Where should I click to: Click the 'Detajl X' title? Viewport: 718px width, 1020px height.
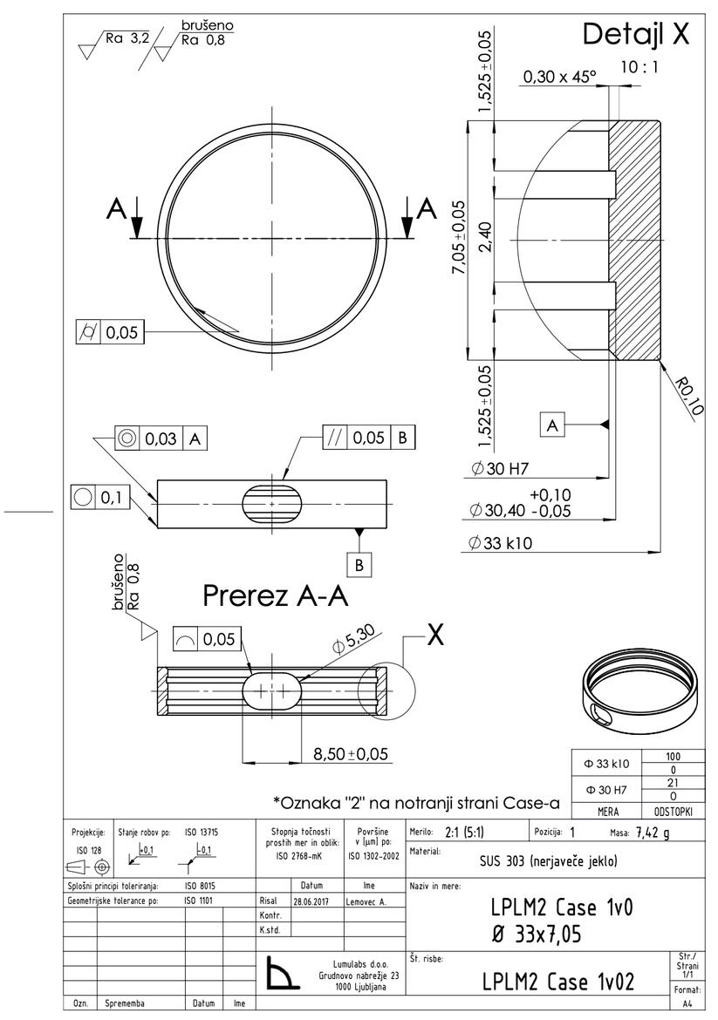[x=635, y=34]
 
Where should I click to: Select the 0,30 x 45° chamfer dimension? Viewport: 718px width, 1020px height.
[x=558, y=78]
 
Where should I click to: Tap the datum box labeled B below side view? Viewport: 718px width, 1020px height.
[x=359, y=563]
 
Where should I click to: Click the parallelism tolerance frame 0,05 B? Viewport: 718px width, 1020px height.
[x=367, y=438]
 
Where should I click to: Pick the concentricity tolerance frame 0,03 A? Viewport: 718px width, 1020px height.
[x=161, y=439]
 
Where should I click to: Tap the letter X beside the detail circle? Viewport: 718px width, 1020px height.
[x=435, y=636]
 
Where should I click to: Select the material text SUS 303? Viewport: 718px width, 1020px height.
[x=548, y=861]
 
